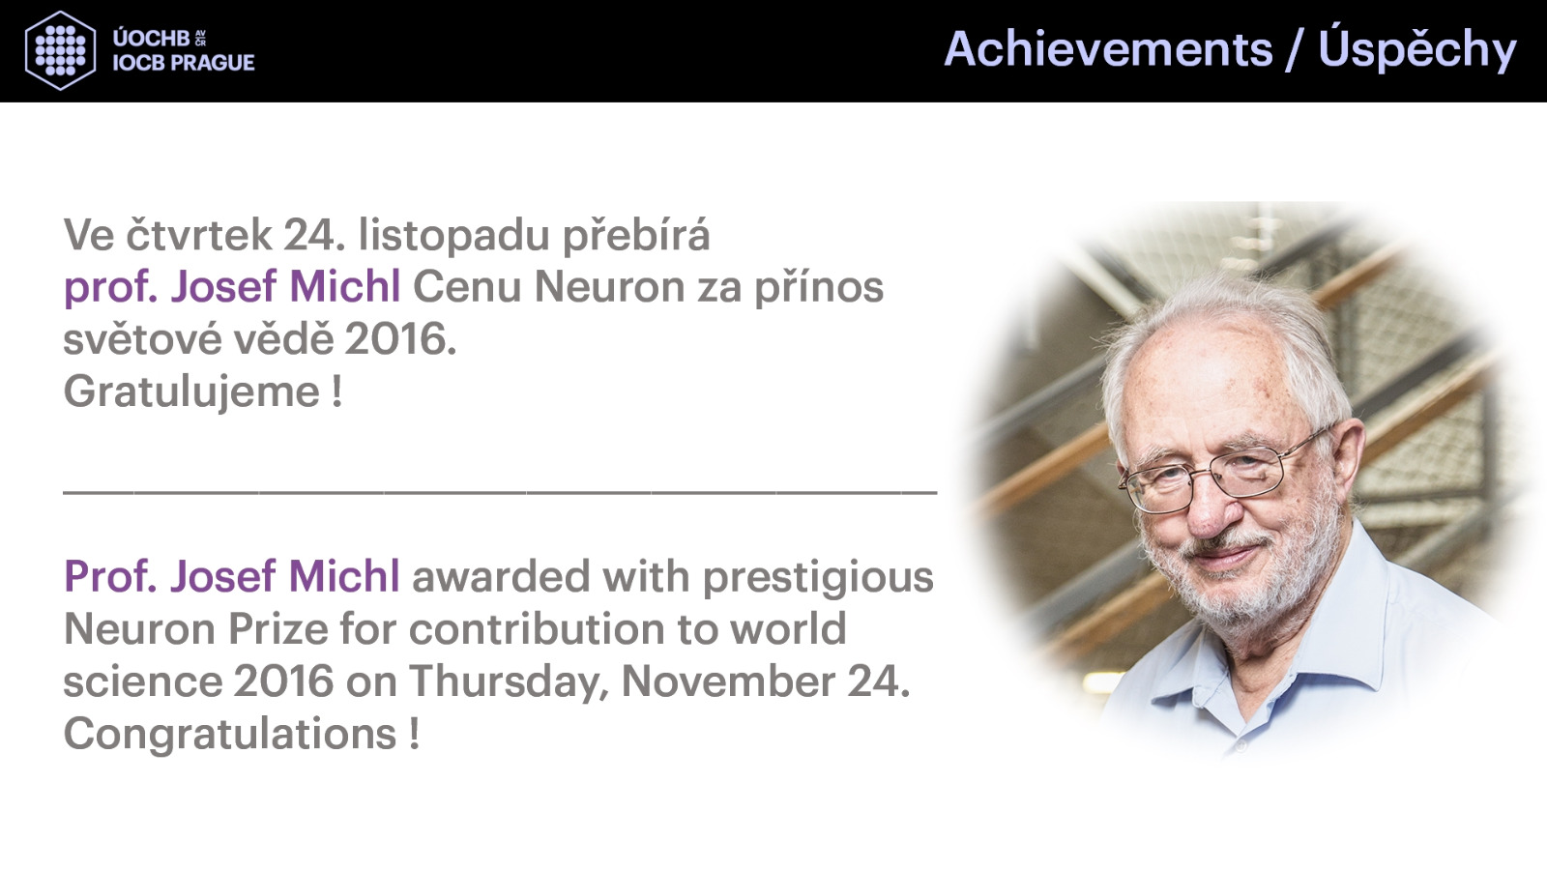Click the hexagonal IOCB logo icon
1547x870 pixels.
coord(60,50)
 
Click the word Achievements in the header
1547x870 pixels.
coord(1108,49)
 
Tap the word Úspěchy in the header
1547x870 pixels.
coord(1416,48)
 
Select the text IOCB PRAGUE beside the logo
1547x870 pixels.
coord(184,63)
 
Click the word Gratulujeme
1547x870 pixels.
coord(192,392)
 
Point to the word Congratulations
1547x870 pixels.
coord(230,734)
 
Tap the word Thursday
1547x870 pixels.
coord(509,682)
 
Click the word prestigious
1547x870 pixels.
coord(818,577)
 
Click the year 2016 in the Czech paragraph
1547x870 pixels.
coord(400,339)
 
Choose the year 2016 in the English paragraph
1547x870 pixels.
coord(284,681)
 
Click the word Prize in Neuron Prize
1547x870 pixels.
coord(278,629)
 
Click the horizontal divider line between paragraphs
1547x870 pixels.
coord(500,492)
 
